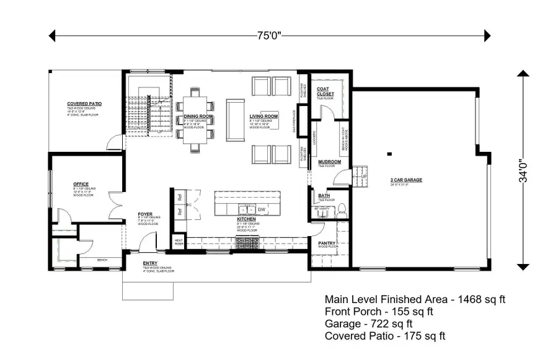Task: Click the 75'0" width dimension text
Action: [270, 35]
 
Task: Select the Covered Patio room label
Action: [84, 104]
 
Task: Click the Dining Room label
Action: [198, 116]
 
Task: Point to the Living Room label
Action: [263, 116]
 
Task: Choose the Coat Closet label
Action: [325, 92]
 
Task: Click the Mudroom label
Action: [329, 162]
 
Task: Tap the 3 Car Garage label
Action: [406, 180]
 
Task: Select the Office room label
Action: [81, 184]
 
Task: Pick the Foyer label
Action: [145, 214]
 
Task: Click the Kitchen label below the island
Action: [246, 219]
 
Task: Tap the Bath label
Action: [324, 196]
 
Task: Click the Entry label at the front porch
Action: [151, 263]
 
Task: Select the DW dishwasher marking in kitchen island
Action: [262, 209]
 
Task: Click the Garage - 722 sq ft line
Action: [368, 323]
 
